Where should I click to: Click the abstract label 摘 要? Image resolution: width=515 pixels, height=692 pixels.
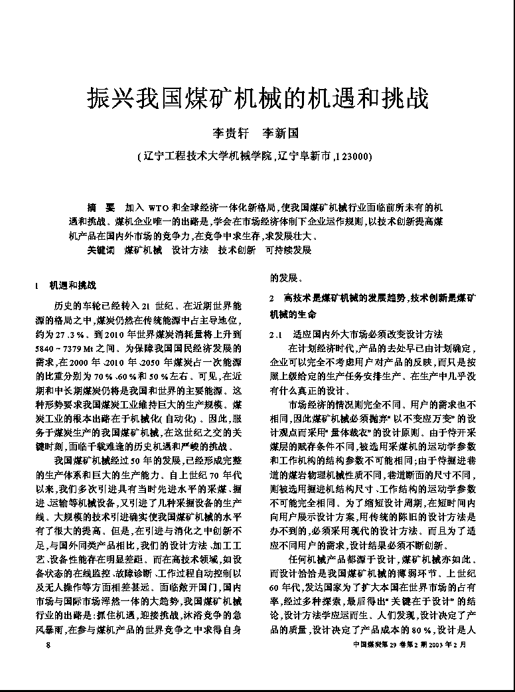(x=102, y=207)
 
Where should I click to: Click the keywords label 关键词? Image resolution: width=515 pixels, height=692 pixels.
(x=102, y=250)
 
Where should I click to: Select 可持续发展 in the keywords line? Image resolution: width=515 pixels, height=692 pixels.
(x=288, y=250)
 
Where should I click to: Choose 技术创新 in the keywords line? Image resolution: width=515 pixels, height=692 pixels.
(x=237, y=250)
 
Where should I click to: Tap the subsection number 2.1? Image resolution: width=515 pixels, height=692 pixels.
(x=277, y=333)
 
